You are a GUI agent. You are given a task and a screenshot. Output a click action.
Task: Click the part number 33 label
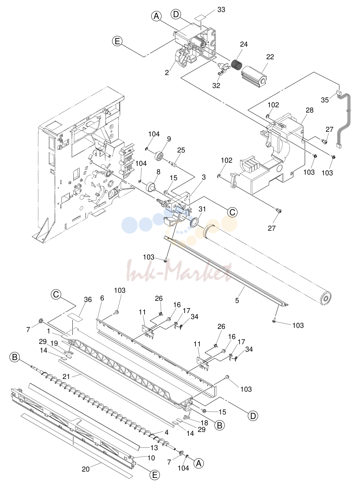(221, 10)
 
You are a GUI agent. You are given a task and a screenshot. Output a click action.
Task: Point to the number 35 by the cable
(325, 100)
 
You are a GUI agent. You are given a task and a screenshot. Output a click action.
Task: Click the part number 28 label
(309, 110)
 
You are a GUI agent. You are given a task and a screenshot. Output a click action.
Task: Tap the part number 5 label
(237, 300)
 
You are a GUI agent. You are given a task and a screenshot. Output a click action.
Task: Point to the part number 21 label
(66, 377)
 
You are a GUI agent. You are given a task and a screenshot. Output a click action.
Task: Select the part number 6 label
(102, 298)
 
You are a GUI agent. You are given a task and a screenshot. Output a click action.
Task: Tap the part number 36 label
(88, 299)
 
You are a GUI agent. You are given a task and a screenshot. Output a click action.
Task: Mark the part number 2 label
(167, 73)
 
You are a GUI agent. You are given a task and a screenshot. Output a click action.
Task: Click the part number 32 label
(216, 86)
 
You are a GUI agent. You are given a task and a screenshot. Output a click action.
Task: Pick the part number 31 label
(202, 209)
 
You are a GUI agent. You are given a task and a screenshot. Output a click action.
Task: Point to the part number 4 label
(166, 432)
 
